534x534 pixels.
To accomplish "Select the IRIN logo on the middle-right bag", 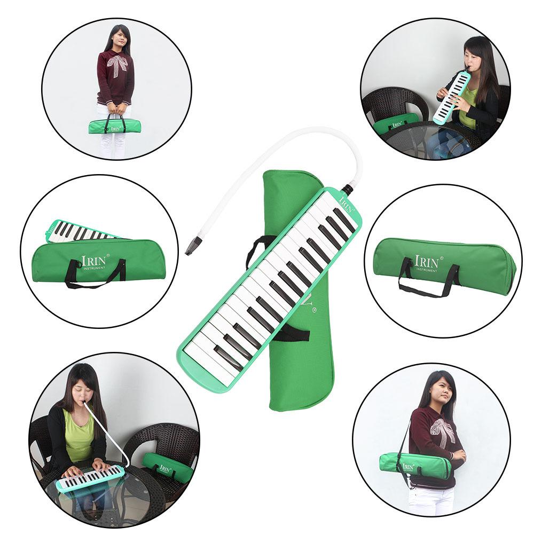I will coord(426,262).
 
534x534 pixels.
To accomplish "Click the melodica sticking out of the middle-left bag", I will coord(80,230).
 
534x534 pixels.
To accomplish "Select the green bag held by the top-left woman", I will coord(115,127).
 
